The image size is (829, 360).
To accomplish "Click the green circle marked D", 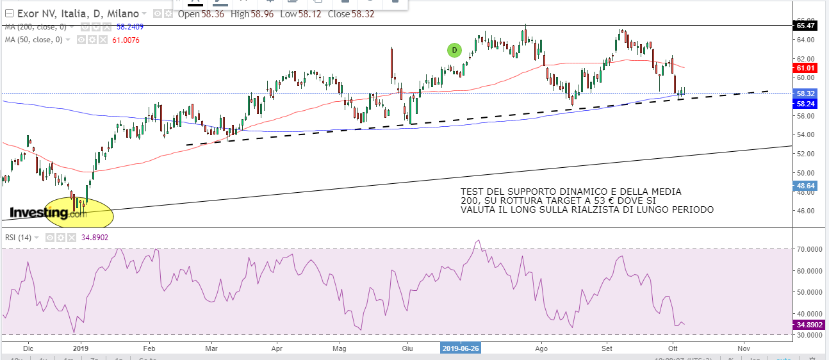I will pos(454,50).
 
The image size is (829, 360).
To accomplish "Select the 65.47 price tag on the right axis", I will pos(806,26).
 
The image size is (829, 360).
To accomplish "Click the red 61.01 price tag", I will pos(805,68).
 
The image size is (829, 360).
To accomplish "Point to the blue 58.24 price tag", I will pos(805,103).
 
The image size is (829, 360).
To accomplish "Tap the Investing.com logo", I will pos(48,213).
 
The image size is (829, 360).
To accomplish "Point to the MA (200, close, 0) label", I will pos(35,27).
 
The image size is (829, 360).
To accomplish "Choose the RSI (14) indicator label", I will pos(19,238).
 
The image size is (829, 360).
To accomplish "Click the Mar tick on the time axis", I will pos(211,348).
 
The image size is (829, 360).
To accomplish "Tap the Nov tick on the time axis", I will pos(743,348).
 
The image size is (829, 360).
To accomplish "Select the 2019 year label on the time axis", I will pos(80,348).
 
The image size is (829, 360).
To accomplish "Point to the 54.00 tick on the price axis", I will pos(804,135).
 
